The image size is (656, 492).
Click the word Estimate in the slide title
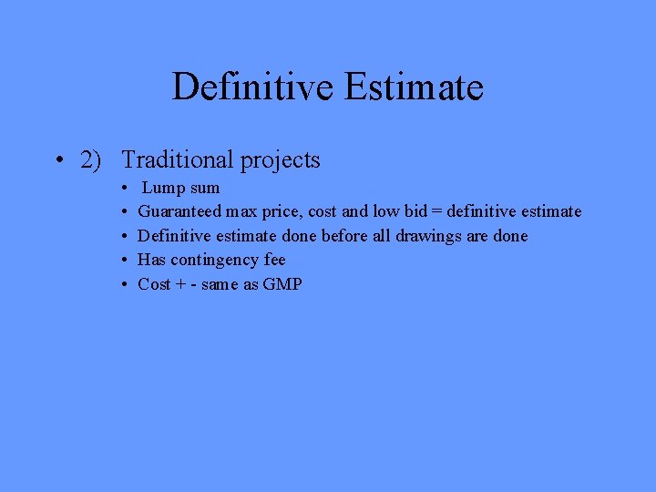(x=414, y=87)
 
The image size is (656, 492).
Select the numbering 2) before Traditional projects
(x=91, y=160)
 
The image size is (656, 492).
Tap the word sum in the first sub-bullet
(x=206, y=189)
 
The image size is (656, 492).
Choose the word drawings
(x=428, y=237)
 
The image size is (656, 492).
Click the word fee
(x=274, y=260)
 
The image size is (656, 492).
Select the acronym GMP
(x=282, y=284)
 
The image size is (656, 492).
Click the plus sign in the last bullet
(x=179, y=284)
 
